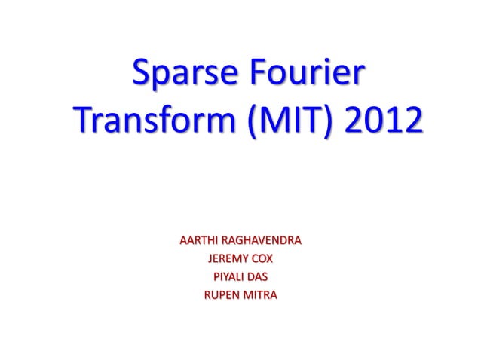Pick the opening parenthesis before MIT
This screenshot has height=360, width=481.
click(x=249, y=123)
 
